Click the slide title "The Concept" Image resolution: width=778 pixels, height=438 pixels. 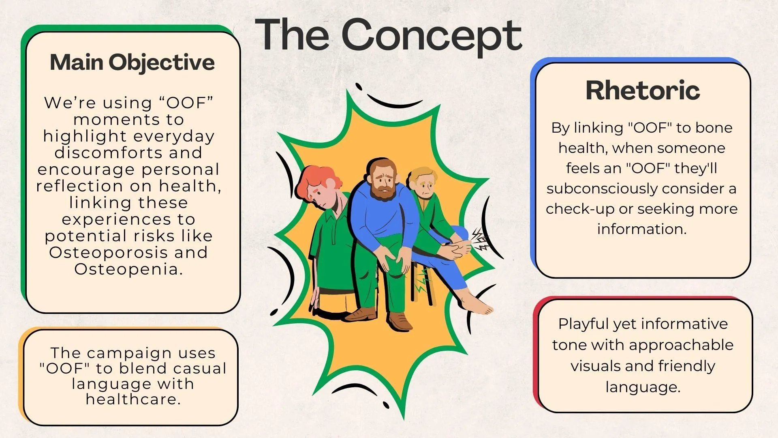(388, 36)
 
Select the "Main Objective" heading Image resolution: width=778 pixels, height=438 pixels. (132, 62)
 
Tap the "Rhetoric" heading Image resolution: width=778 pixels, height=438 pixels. (643, 90)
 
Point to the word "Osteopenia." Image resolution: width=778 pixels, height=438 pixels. (128, 269)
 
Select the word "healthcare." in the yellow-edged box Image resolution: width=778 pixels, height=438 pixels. (133, 399)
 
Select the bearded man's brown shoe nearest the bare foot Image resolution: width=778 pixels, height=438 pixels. (399, 320)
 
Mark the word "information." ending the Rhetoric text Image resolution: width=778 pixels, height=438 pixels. (642, 229)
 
